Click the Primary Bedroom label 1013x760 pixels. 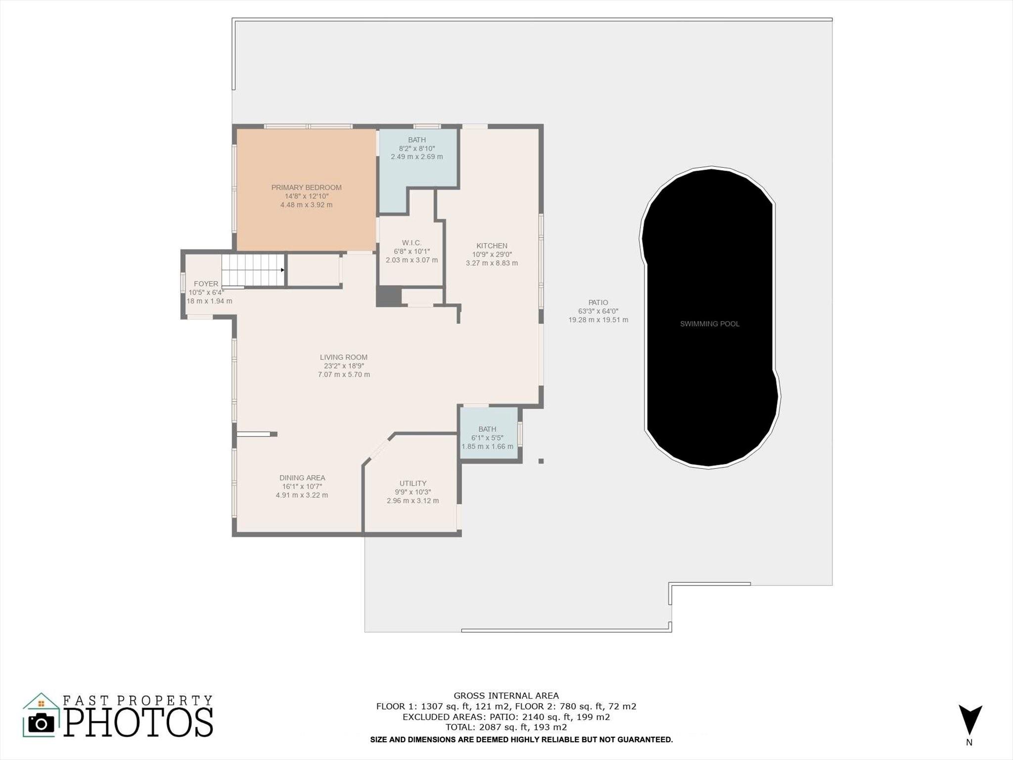coord(306,188)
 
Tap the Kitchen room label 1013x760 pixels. coord(492,246)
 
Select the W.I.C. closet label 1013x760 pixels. coord(412,243)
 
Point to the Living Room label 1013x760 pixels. coord(344,357)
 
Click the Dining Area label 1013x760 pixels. coord(302,478)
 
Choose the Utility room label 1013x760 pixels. coord(413,483)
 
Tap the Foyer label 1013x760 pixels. coord(206,284)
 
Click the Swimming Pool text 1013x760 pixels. coord(710,324)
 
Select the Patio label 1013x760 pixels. coord(598,303)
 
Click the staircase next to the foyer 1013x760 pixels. coord(253,270)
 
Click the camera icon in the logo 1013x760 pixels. coord(41,723)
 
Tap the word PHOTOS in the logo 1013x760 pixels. coord(138,722)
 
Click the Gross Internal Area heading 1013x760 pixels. coord(506,696)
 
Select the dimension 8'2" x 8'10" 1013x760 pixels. coord(417,148)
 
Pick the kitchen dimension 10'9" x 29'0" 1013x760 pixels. coord(492,255)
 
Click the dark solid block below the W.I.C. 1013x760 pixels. coord(389,297)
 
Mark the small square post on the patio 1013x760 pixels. coord(541,461)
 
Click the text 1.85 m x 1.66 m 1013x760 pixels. coord(487,447)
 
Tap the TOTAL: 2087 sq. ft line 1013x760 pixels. coord(506,727)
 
